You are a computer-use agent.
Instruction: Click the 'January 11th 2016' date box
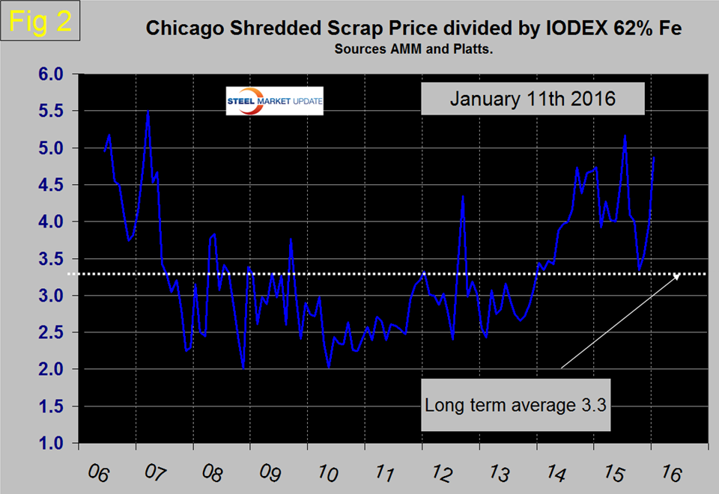(x=533, y=97)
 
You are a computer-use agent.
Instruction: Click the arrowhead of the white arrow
(x=679, y=276)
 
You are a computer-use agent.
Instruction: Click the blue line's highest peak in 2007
(x=148, y=112)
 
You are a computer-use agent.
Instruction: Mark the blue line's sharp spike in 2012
(x=464, y=196)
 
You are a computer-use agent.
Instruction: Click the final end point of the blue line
(x=654, y=158)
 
